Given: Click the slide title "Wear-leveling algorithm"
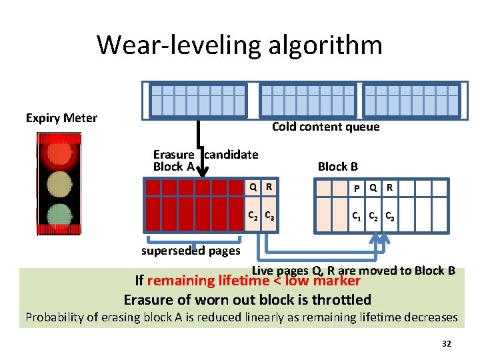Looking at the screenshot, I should pos(239,45).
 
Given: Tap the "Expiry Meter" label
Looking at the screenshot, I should pos(61,118).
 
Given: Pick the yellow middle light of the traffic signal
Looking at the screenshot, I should pos(59,182).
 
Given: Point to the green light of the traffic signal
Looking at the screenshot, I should pos(59,215).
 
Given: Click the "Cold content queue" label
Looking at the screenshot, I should pos(325,127).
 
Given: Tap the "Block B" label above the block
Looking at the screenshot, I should pos(337,167).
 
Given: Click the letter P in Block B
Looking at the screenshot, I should pos(357,189).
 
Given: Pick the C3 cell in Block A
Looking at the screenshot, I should pos(268,216).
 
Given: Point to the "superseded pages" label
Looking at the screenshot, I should pos(191,251).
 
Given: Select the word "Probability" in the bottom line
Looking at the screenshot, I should pos(54,317).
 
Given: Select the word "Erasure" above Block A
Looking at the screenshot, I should pos(173,155).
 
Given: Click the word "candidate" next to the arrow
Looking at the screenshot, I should pos(231,155).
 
